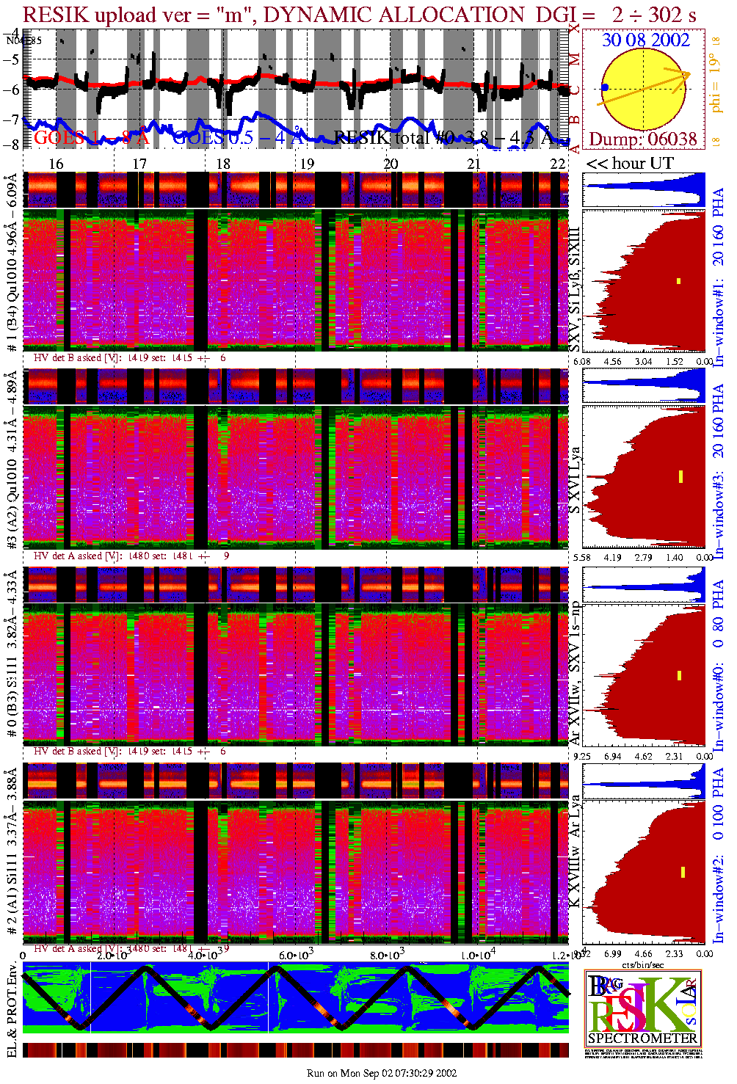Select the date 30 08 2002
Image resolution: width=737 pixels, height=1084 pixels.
[x=645, y=40]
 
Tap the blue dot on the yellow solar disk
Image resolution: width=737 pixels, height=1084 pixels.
[x=604, y=87]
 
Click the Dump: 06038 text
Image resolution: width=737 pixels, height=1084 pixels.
[x=642, y=139]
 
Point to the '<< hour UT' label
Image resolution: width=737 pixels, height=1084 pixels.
[x=629, y=163]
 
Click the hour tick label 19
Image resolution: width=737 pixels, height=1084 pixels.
[x=307, y=164]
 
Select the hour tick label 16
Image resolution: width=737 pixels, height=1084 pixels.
[x=56, y=164]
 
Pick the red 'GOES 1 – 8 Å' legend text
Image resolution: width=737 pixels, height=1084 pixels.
[x=92, y=137]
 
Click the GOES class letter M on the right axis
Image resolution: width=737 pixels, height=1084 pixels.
[x=575, y=59]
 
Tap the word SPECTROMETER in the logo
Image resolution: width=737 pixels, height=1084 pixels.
[x=642, y=1038]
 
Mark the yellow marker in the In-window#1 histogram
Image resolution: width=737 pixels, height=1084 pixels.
[x=679, y=280]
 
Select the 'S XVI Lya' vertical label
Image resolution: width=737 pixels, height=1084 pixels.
[x=575, y=480]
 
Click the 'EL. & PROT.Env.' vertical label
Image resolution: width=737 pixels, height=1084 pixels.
[x=12, y=1011]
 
